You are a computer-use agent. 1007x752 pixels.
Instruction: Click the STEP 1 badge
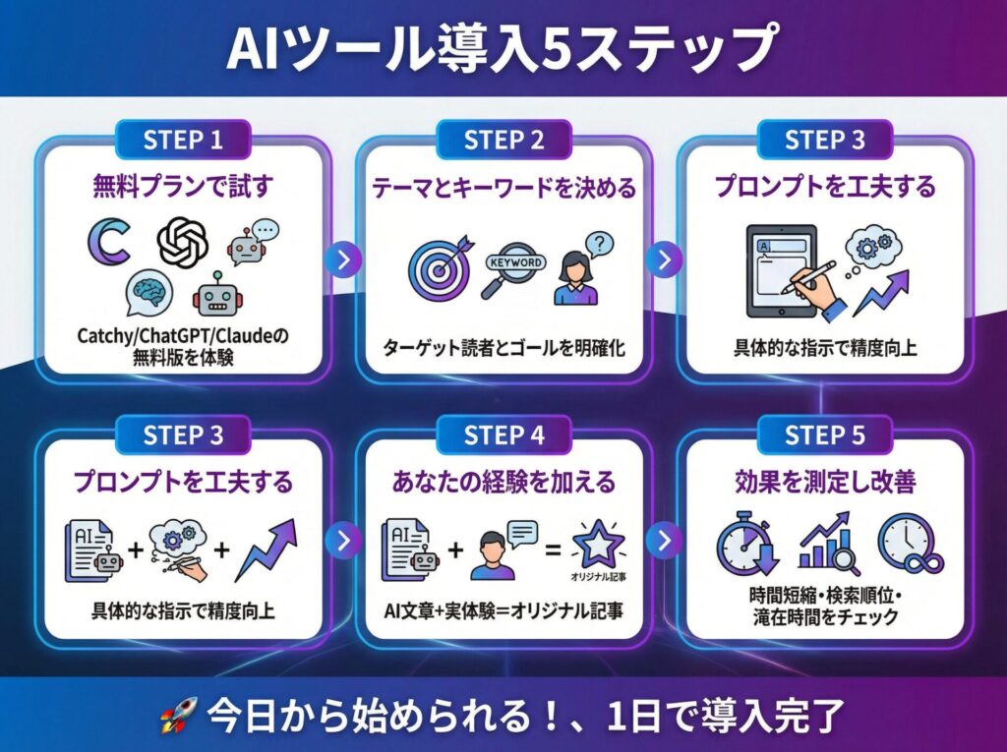183,140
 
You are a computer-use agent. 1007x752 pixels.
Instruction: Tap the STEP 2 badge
503,140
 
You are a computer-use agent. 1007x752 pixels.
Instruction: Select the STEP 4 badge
503,434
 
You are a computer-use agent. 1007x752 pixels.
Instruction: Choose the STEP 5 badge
824,434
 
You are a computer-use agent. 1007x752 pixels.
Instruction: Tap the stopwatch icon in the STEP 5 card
748,546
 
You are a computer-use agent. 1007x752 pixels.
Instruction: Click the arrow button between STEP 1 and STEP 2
343,260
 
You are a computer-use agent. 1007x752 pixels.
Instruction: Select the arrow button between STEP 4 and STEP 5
664,540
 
